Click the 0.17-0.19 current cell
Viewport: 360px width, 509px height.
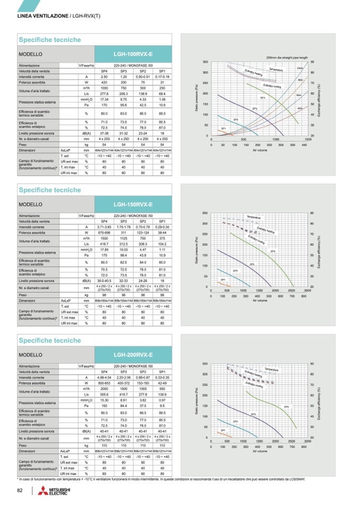162,77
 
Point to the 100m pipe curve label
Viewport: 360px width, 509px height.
299,68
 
